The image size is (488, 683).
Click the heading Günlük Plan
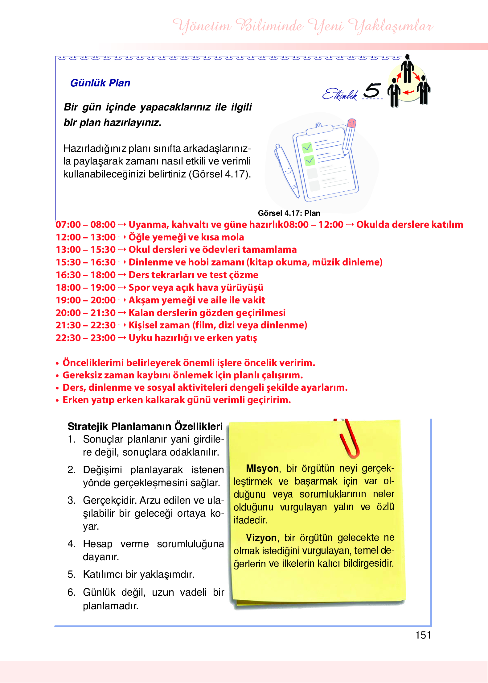100,83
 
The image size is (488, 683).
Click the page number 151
423,635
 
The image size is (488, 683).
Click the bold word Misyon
262,469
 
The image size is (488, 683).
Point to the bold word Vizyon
261,538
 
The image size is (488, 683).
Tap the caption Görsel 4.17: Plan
289,213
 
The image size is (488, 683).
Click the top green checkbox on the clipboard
307,148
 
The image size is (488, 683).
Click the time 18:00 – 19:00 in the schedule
85,288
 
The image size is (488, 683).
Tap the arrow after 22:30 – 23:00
122,338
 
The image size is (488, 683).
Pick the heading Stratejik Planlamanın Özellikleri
145,426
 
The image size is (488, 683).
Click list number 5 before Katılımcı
71,574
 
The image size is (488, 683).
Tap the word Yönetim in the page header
202,26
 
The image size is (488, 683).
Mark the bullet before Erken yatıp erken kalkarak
57,401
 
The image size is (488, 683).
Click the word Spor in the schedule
139,288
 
